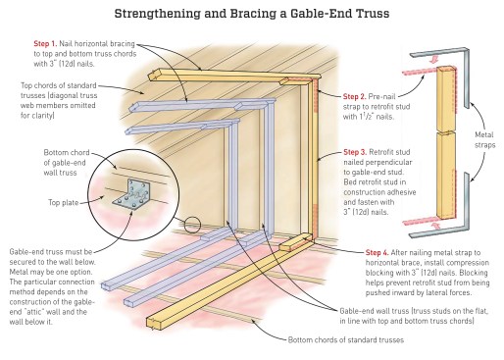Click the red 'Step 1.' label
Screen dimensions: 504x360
click(45, 44)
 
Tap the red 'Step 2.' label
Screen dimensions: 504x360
click(354, 96)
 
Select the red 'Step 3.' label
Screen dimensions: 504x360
click(355, 152)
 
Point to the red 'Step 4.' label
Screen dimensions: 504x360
click(378, 252)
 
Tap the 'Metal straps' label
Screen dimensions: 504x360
click(484, 139)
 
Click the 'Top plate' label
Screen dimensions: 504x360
click(64, 202)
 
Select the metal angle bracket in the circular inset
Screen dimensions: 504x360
click(131, 193)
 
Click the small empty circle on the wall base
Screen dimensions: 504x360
click(192, 225)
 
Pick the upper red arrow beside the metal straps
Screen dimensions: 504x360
click(434, 60)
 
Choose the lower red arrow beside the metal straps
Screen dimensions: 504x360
click(435, 226)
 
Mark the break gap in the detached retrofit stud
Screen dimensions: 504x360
click(445, 132)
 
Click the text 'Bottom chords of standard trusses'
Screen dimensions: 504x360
click(346, 340)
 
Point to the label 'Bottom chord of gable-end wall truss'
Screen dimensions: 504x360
click(65, 163)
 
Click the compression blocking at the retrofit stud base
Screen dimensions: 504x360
click(295, 242)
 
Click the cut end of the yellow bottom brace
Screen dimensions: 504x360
click(154, 322)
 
